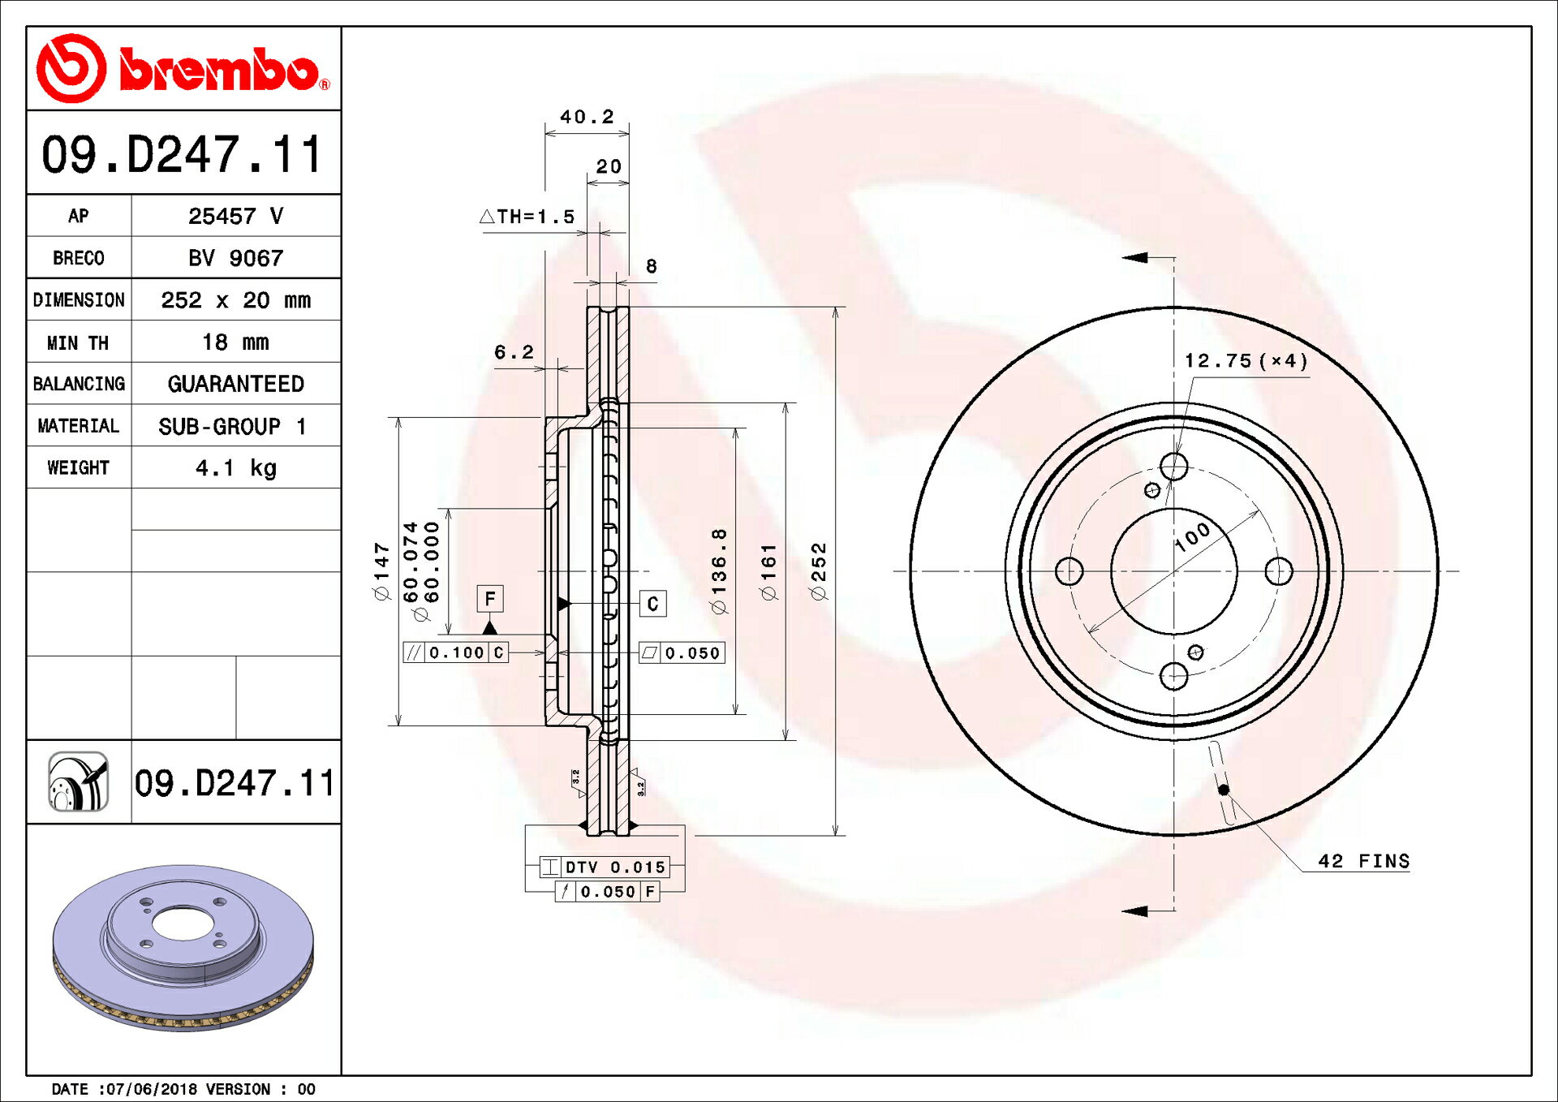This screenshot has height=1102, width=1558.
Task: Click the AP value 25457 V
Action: pos(235,216)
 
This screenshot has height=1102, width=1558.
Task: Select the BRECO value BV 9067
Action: pos(235,258)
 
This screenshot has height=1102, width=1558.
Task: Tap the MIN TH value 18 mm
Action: pos(235,342)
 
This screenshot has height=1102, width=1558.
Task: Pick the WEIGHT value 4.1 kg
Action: pos(235,467)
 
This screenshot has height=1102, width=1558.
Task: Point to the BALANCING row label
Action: pos(79,384)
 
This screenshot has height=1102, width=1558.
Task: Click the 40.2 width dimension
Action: pos(587,117)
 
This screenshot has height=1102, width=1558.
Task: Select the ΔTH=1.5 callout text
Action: pos(527,217)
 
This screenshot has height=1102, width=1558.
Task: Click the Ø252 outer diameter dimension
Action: pos(819,571)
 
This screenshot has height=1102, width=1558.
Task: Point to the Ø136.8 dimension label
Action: pos(719,571)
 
